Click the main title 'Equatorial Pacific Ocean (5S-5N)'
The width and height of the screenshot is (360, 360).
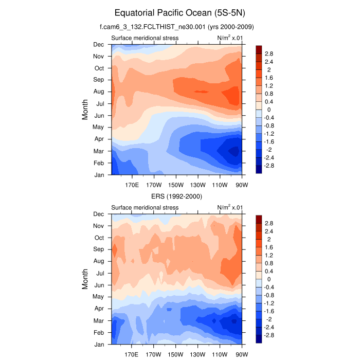pos(180,12)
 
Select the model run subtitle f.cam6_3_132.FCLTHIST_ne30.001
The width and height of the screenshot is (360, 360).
pos(180,26)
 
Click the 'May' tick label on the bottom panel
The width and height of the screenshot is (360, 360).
pos(98,297)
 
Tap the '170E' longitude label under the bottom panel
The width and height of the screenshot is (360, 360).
pos(132,355)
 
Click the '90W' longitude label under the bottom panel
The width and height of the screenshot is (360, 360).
pos(242,355)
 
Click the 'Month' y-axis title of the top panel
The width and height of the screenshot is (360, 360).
pos(86,109)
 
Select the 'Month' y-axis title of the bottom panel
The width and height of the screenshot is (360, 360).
pos(86,279)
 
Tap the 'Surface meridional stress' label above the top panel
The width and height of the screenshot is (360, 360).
pos(145,38)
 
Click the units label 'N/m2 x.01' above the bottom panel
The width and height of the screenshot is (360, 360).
pos(229,207)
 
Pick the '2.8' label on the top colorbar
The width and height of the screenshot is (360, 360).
pos(268,53)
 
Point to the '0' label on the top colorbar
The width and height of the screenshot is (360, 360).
pos(267,110)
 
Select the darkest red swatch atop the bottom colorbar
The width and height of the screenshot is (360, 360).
pos(259,219)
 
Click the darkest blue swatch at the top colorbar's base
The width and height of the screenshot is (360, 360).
pos(259,169)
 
